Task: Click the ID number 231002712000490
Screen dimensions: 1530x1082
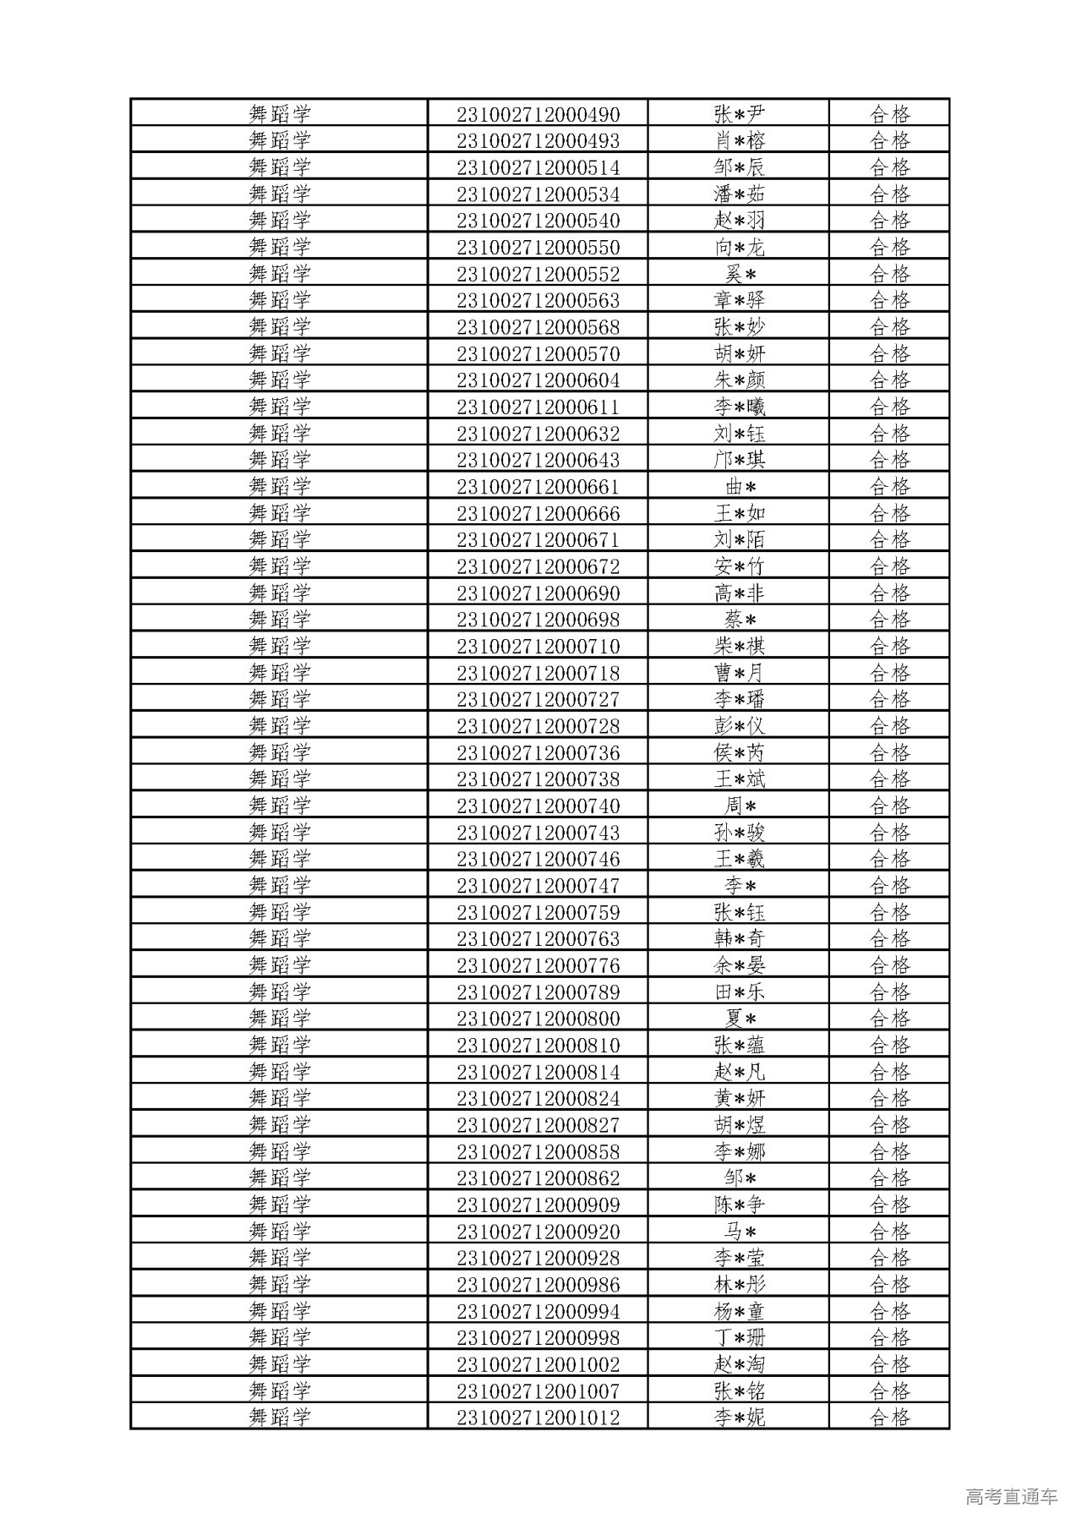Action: [x=538, y=114]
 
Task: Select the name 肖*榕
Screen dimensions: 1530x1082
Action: [x=739, y=140]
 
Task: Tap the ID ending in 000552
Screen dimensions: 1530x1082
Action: [x=538, y=274]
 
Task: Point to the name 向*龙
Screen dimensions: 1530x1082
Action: [x=739, y=247]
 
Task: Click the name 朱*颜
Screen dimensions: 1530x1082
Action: [x=739, y=380]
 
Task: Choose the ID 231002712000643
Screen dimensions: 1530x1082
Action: [x=538, y=460]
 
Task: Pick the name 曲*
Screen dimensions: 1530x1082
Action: [x=739, y=487]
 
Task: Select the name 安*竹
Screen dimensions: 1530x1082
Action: [x=739, y=566]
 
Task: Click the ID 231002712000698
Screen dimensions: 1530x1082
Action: [x=538, y=620]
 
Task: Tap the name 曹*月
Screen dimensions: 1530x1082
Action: [x=739, y=673]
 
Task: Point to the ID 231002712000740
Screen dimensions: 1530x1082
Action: [x=538, y=806]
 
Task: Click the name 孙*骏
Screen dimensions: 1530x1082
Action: [x=739, y=833]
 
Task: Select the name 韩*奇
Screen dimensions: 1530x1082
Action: [x=739, y=938]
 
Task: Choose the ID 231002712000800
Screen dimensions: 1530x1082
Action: [x=538, y=1019]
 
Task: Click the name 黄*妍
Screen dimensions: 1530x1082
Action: [x=739, y=1098]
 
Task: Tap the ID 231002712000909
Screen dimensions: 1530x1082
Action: [x=538, y=1205]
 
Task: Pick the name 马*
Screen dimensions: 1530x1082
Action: [x=739, y=1232]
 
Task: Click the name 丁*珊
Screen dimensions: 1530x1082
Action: [x=739, y=1337]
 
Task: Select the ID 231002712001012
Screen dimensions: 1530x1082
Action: [x=538, y=1418]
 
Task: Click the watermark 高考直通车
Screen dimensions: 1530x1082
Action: [x=1010, y=1496]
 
